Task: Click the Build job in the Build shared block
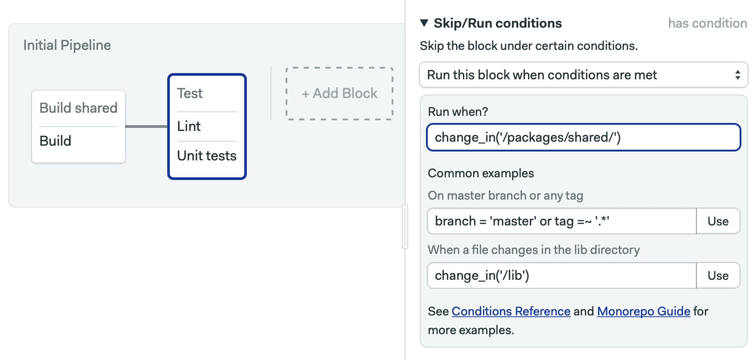pyautogui.click(x=55, y=141)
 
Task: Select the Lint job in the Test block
pyautogui.click(x=189, y=127)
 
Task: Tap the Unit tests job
pyautogui.click(x=207, y=155)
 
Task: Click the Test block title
pyautogui.click(x=190, y=93)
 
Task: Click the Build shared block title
pyautogui.click(x=79, y=108)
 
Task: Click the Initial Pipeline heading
pyautogui.click(x=67, y=45)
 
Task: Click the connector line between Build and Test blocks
pyautogui.click(x=147, y=127)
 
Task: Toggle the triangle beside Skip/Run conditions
pyautogui.click(x=424, y=23)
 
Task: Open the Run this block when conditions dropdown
pyautogui.click(x=584, y=74)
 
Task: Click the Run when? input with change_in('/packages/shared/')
pyautogui.click(x=584, y=138)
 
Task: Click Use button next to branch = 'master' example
pyautogui.click(x=718, y=221)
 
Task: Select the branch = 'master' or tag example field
pyautogui.click(x=562, y=221)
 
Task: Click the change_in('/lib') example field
pyautogui.click(x=562, y=276)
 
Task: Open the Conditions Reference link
pyautogui.click(x=511, y=311)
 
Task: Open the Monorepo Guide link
pyautogui.click(x=644, y=311)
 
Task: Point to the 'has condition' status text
pyautogui.click(x=708, y=23)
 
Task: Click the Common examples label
pyautogui.click(x=481, y=173)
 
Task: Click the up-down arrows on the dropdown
pyautogui.click(x=738, y=74)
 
